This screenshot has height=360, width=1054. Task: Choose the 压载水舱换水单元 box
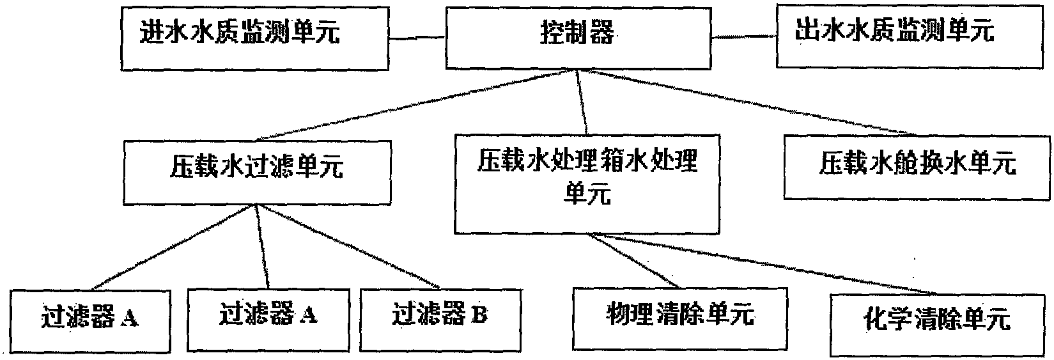point(917,166)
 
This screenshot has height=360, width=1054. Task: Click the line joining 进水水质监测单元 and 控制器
point(415,38)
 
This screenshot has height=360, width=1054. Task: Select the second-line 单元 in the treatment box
point(587,194)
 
